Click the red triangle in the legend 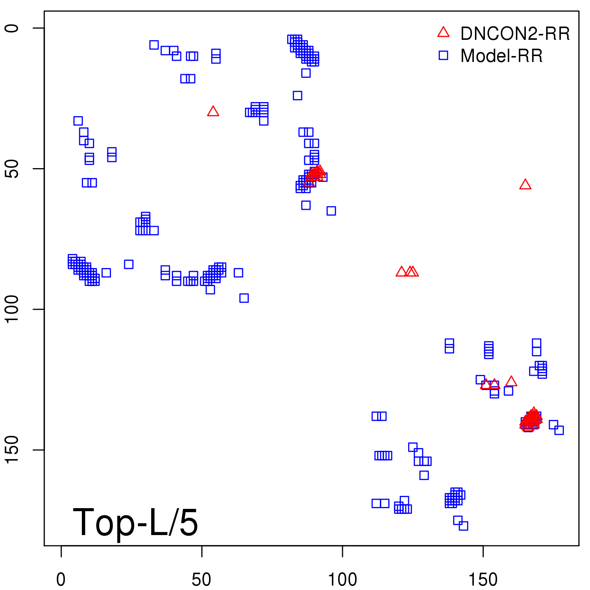click(x=443, y=32)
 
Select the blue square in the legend click(x=443, y=55)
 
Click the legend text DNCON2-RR click(x=515, y=34)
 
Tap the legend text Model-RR click(x=502, y=56)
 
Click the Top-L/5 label click(x=135, y=522)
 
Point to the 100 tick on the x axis click(x=343, y=551)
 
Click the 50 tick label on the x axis click(x=202, y=580)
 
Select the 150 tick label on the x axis click(x=483, y=580)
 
